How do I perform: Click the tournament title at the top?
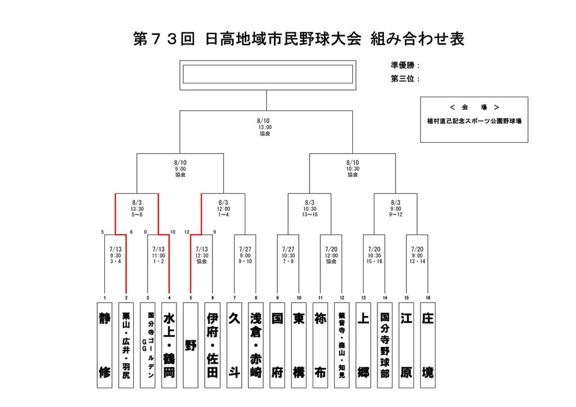tap(298, 40)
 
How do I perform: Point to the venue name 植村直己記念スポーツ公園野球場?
tap(474, 121)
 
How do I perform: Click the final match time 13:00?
tap(265, 127)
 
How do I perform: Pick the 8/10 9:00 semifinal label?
tap(181, 168)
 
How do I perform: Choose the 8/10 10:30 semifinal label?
tap(353, 168)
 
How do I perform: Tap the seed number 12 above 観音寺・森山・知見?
tap(342, 298)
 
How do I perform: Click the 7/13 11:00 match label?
tap(158, 255)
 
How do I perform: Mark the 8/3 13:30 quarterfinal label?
tap(137, 208)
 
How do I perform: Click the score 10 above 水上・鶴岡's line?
tap(173, 232)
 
